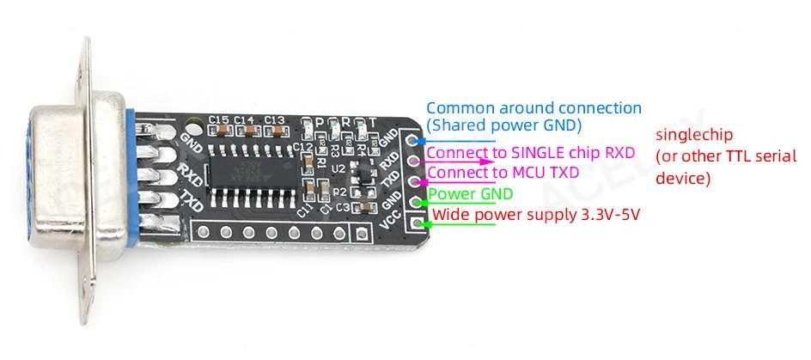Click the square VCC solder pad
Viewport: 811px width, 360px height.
coord(419,223)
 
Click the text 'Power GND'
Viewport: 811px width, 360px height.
coord(465,194)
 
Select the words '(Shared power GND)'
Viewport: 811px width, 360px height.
coord(503,125)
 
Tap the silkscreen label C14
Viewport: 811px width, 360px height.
coord(244,119)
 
